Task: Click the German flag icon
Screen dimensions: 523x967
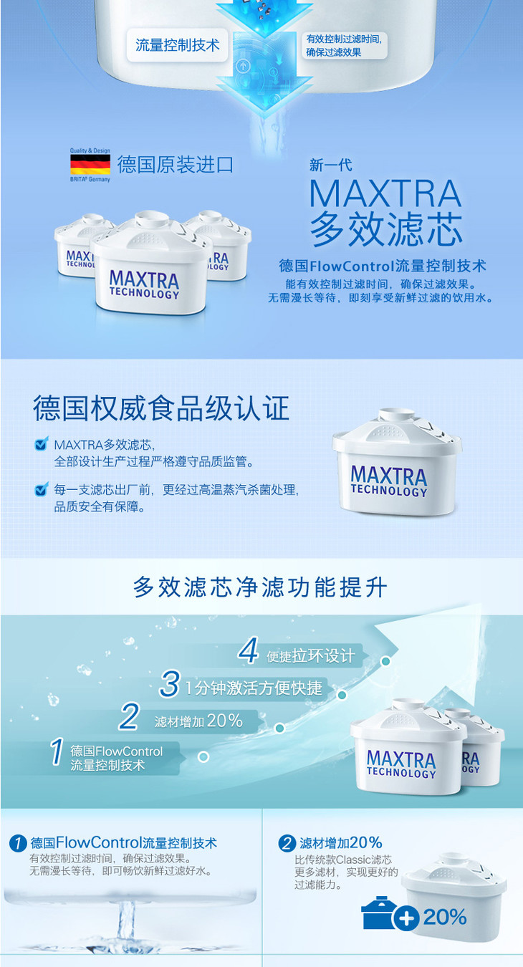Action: pos(90,165)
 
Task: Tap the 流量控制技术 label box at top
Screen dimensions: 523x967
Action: pos(177,45)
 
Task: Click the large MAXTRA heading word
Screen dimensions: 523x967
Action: pos(385,194)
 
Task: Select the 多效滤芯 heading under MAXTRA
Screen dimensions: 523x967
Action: pos(386,230)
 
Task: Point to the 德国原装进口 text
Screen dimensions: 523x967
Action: pos(176,165)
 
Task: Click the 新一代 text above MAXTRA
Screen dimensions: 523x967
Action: pos(330,165)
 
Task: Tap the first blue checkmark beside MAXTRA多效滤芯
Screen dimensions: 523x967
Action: pos(42,443)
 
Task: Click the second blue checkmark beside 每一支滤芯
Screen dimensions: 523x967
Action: pos(42,489)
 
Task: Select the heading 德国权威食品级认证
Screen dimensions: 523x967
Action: pos(161,408)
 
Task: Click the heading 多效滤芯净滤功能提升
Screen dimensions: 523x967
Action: pos(260,587)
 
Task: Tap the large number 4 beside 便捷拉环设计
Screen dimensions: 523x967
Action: pos(249,650)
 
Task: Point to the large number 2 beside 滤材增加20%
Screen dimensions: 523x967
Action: pos(129,716)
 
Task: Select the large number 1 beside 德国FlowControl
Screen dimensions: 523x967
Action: pos(57,751)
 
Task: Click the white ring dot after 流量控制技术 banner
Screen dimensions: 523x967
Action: pos(203,756)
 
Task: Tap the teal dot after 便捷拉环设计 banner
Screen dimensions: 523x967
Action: pos(385,661)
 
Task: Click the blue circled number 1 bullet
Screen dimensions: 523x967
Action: pos(18,843)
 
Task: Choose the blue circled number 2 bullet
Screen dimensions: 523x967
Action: pos(287,843)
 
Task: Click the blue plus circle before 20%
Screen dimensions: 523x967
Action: pos(406,918)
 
